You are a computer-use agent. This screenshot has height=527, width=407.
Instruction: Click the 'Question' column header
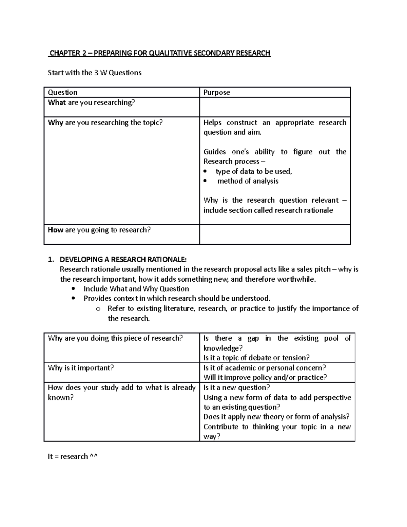click(x=63, y=92)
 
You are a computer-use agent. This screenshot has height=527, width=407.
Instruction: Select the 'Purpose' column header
click(x=216, y=92)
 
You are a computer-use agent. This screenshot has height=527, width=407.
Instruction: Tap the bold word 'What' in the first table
click(x=57, y=102)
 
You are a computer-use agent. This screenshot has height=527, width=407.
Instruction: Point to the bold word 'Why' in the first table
click(x=55, y=123)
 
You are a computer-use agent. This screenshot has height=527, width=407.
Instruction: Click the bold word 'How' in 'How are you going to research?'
click(x=55, y=230)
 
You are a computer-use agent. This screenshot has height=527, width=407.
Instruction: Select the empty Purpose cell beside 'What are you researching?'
click(x=275, y=107)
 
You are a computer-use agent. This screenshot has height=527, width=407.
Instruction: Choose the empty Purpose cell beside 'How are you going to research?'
click(x=275, y=234)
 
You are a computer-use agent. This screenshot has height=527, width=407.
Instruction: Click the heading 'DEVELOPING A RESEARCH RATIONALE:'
click(x=123, y=260)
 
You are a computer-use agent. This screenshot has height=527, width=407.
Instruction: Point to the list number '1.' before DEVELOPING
click(x=51, y=260)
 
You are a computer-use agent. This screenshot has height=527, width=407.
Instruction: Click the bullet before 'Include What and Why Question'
click(x=74, y=289)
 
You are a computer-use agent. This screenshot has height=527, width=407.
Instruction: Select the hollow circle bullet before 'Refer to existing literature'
click(x=98, y=309)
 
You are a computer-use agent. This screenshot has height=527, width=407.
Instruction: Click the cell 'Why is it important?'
click(x=81, y=368)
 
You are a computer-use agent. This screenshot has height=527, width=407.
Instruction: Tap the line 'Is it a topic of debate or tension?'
click(x=256, y=358)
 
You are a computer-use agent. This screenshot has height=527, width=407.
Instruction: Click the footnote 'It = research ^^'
click(x=73, y=456)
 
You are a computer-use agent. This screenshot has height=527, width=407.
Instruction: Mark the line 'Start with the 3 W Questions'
click(x=95, y=73)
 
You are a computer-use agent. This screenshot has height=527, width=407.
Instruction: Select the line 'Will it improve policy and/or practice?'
click(x=265, y=377)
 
